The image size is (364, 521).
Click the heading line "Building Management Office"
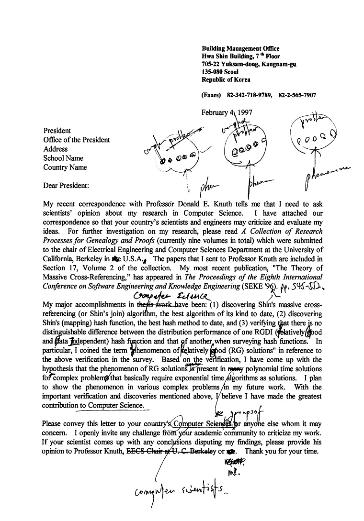(x=240, y=49)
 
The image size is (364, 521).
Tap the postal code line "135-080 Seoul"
(x=220, y=72)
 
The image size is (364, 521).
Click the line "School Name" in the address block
(x=63, y=158)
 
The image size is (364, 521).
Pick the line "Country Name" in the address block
(x=65, y=167)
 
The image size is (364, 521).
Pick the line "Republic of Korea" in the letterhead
(x=226, y=79)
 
